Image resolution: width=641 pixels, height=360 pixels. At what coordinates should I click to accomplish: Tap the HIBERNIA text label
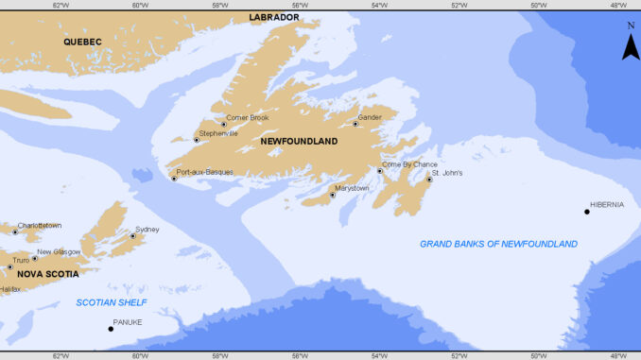[x=606, y=204]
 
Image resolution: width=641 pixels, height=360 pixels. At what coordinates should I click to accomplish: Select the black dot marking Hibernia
[x=587, y=212]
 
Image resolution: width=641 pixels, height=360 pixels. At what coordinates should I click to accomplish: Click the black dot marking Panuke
[x=109, y=329]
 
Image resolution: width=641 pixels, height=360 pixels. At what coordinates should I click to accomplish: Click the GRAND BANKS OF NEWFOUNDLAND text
[x=498, y=244]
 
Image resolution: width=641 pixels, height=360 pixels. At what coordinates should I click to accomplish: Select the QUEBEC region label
[x=82, y=42]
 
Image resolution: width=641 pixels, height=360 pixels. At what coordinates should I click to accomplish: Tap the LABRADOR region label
[x=274, y=17]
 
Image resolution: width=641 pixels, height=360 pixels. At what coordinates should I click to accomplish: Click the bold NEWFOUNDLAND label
[x=300, y=141]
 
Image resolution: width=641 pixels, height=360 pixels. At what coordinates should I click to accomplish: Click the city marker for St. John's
[x=428, y=180]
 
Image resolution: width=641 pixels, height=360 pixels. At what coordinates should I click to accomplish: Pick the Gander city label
[x=369, y=116]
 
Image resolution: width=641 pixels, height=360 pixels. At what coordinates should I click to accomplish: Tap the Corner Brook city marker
[x=224, y=124]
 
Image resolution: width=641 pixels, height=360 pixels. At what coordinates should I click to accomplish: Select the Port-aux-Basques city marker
[x=174, y=179]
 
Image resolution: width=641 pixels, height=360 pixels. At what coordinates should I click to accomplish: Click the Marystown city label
[x=352, y=188]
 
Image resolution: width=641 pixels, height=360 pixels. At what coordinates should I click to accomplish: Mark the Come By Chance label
[x=409, y=163]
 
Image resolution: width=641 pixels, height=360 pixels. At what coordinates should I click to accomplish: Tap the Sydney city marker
[x=132, y=236]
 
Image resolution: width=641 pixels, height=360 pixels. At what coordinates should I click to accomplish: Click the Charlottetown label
[x=40, y=225]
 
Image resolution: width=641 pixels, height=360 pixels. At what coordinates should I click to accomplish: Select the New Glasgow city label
[x=59, y=251]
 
